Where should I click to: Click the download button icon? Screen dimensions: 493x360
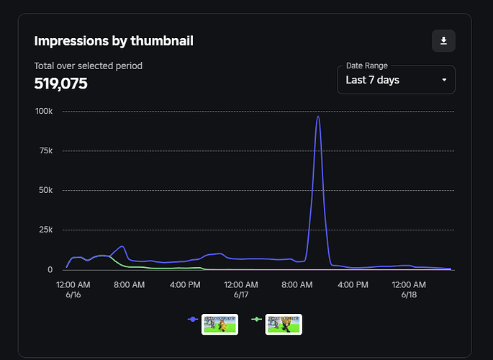(x=443, y=41)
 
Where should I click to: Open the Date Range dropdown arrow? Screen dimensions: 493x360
(x=444, y=80)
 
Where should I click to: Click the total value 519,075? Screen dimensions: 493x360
(x=60, y=84)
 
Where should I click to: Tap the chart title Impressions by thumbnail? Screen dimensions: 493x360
(x=114, y=41)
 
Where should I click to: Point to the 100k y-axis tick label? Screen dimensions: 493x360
(x=44, y=111)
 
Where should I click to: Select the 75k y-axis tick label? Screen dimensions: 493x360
(x=46, y=150)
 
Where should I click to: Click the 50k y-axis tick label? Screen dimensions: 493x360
(x=46, y=190)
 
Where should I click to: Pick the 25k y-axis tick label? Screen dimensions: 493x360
(x=46, y=230)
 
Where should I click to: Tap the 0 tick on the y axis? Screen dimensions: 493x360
(x=50, y=270)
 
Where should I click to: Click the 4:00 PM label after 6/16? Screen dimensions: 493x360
(x=185, y=285)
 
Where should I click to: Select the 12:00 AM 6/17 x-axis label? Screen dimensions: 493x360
(x=241, y=289)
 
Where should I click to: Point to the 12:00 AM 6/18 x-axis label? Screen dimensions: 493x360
(x=409, y=289)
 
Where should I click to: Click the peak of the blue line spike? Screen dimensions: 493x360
(x=318, y=117)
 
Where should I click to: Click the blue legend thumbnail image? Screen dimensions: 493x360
(x=220, y=325)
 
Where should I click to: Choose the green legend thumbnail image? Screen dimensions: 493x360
(x=284, y=325)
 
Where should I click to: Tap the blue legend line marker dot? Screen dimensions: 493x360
(x=193, y=319)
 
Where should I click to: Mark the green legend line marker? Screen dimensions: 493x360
(x=256, y=319)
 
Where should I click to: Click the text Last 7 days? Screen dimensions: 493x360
(x=372, y=80)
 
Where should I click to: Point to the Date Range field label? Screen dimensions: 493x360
(x=366, y=66)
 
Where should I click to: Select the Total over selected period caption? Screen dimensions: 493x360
(x=89, y=66)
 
